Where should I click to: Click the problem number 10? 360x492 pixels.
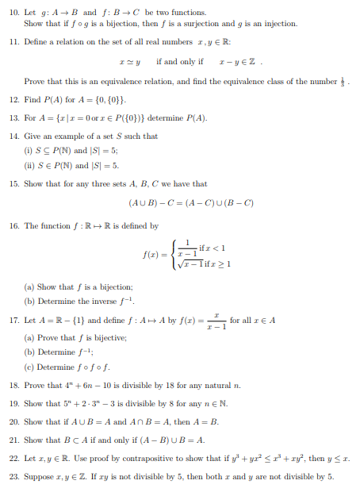click(12, 13)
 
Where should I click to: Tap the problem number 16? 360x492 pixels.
click(12, 226)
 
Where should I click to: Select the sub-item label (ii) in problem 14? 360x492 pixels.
click(29, 165)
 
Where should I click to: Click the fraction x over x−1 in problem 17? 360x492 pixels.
click(210, 321)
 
